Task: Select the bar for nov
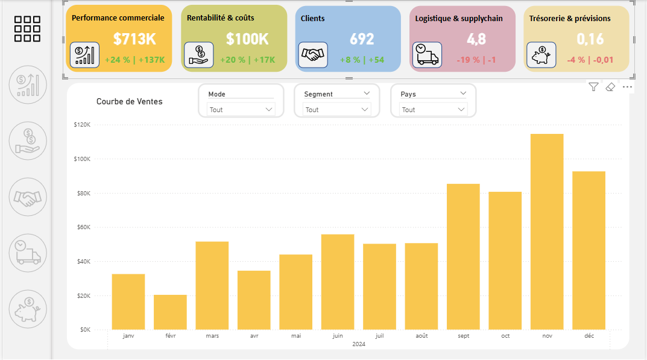click(547, 232)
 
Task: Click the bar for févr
click(170, 312)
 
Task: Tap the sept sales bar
click(463, 256)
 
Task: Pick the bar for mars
click(212, 285)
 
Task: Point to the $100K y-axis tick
click(81, 159)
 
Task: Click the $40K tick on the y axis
click(83, 262)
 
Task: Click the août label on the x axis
click(421, 336)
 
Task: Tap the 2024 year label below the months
click(359, 344)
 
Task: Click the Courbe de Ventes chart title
click(129, 101)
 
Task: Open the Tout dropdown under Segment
click(337, 110)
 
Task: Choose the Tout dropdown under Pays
click(434, 110)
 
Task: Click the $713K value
click(134, 39)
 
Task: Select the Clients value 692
click(362, 39)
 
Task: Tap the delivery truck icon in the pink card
click(427, 55)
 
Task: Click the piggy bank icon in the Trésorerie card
click(541, 55)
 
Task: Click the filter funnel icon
click(593, 87)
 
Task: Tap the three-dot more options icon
click(627, 87)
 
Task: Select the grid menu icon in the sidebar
click(27, 29)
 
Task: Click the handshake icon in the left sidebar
click(28, 197)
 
